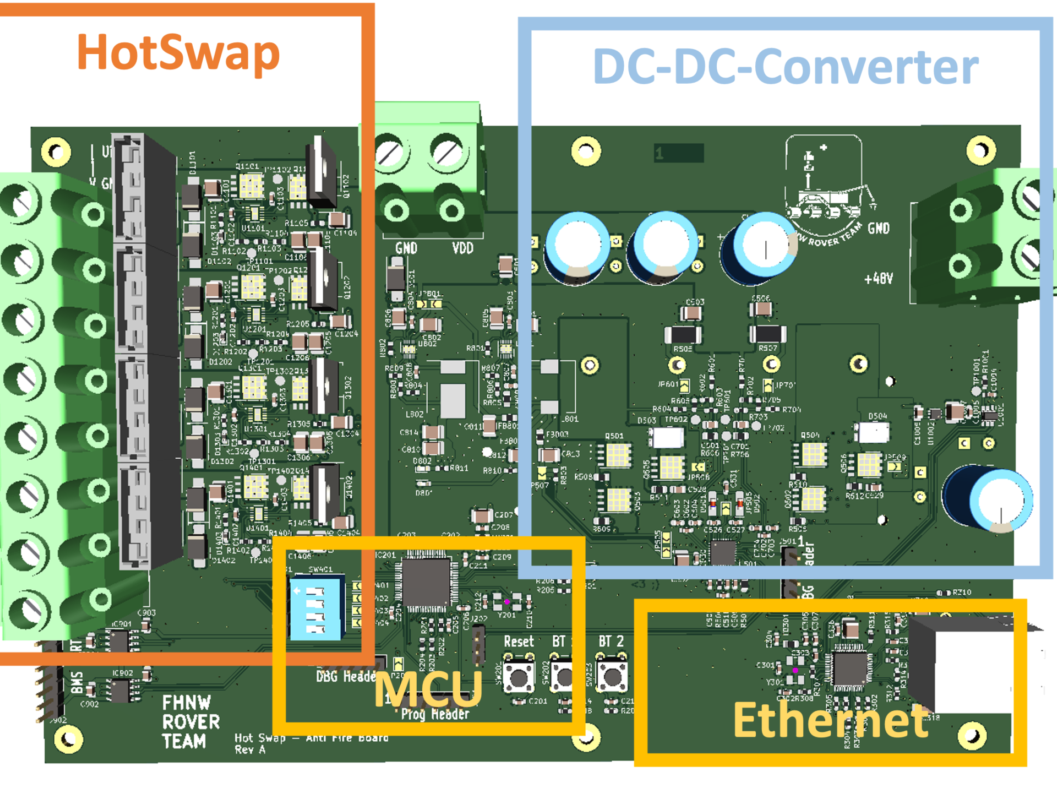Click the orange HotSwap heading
178,52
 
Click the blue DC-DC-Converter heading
785,66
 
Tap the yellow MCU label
428,688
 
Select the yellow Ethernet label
831,720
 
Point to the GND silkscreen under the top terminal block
406,248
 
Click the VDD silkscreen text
462,248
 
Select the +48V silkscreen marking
878,279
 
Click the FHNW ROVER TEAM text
190,722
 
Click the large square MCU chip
426,583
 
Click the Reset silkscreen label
519,642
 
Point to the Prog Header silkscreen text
435,714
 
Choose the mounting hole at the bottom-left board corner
69,738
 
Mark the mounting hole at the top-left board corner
57,151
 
